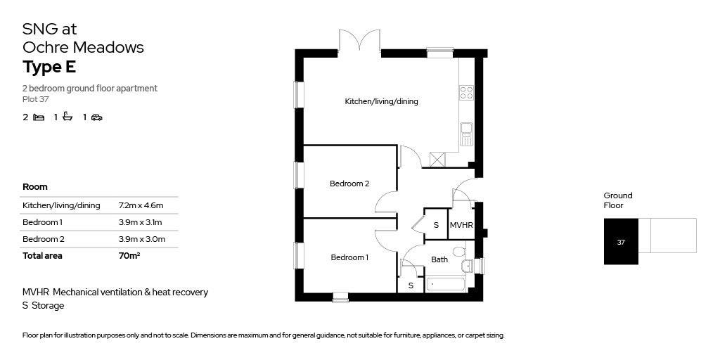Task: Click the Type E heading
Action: click(x=49, y=67)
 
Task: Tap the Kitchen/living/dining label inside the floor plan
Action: click(x=381, y=101)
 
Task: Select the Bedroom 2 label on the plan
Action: click(x=349, y=184)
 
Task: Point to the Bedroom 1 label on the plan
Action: click(x=349, y=257)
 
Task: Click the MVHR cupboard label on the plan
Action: click(x=461, y=225)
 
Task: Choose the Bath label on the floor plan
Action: click(x=439, y=259)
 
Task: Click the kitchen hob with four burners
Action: click(x=466, y=92)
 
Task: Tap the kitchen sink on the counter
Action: click(x=466, y=133)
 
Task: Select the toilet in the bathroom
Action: click(x=459, y=251)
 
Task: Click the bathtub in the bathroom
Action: click(x=445, y=285)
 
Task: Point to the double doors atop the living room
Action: click(x=359, y=41)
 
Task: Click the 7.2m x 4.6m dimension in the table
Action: click(x=141, y=205)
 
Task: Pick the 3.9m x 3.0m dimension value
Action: click(x=141, y=239)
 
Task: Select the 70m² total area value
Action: click(x=129, y=256)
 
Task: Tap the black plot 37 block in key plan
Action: click(x=621, y=241)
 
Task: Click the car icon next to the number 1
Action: click(x=96, y=117)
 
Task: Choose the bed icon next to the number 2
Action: click(x=39, y=117)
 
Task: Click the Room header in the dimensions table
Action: click(x=35, y=187)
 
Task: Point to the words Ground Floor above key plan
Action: click(x=617, y=200)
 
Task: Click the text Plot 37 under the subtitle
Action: click(x=37, y=99)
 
